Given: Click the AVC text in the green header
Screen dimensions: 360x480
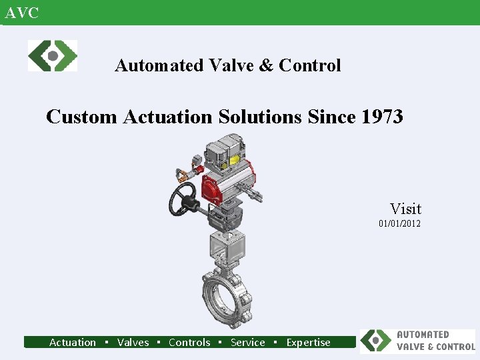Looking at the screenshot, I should (x=22, y=13).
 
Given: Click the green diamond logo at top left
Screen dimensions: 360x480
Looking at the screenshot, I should (x=53, y=55).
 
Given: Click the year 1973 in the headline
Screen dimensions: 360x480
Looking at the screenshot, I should (x=382, y=117).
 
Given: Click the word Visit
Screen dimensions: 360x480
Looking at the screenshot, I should (x=405, y=209).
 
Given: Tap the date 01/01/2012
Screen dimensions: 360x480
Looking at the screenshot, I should (x=399, y=224).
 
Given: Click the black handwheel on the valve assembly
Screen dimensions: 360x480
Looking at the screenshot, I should (x=182, y=200).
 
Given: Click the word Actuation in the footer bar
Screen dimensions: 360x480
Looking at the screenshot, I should (x=73, y=343).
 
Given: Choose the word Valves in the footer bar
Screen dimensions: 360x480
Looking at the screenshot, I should (x=133, y=343).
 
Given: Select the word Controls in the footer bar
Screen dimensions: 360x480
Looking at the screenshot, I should (x=189, y=343).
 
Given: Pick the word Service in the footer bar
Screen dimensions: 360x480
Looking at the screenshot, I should (x=247, y=343).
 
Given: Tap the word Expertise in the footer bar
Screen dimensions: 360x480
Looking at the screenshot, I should (x=308, y=343).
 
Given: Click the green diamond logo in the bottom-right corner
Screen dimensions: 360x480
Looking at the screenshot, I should (x=377, y=341).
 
